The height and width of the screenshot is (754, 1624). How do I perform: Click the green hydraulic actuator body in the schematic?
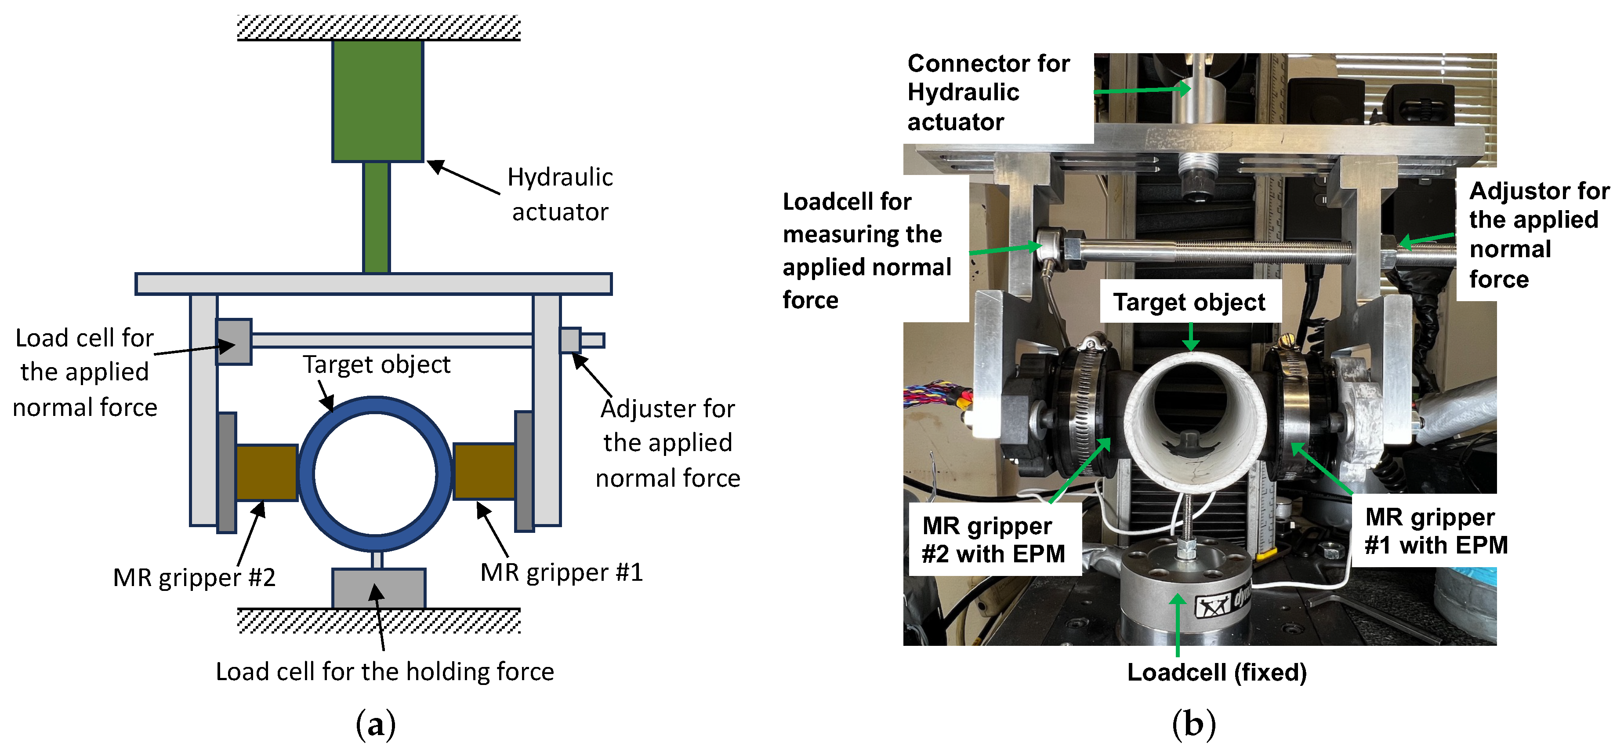click(x=377, y=101)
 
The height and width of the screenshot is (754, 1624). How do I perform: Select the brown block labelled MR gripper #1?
click(x=484, y=471)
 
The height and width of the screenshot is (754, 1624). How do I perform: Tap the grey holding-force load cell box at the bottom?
click(x=379, y=588)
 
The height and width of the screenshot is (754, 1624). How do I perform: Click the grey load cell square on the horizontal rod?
click(x=234, y=341)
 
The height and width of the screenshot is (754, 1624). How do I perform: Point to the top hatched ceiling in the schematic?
click(x=378, y=28)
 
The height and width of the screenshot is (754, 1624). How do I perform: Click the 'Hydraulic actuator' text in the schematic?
click(x=560, y=194)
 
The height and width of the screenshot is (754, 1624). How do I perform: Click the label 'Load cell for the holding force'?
click(x=384, y=671)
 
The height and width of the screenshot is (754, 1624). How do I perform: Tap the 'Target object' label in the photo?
click(x=1189, y=302)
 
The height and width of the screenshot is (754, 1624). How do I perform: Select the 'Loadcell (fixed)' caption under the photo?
click(x=1217, y=673)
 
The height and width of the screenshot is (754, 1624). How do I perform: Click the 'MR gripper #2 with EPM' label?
click(x=993, y=539)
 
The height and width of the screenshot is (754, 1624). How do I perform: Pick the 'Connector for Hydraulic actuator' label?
click(x=988, y=93)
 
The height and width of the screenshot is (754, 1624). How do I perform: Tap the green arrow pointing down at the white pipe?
click(x=1190, y=337)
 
